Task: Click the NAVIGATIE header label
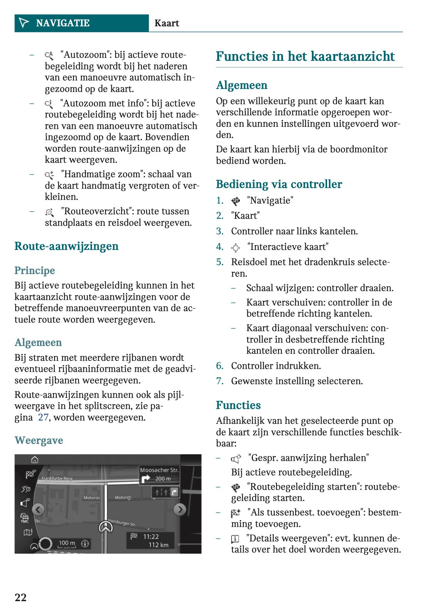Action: (63, 23)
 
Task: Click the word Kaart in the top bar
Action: (166, 23)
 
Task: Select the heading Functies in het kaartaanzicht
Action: (305, 56)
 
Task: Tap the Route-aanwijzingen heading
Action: (66, 246)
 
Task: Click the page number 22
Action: (20, 597)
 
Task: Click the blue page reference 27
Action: (43, 417)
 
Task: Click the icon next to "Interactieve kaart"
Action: (235, 247)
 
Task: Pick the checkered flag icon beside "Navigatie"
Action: (235, 201)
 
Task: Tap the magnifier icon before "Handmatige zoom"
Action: (49, 175)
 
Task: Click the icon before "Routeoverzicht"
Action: (49, 212)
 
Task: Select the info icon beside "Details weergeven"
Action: (235, 539)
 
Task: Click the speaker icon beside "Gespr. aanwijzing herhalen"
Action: (235, 459)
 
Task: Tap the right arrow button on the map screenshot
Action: (179, 510)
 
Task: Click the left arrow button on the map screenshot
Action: (39, 510)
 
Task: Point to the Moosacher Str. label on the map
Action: (159, 470)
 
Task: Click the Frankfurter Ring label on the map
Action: (57, 478)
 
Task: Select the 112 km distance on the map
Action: (158, 545)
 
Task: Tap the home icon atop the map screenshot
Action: (34, 460)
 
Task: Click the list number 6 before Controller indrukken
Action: (220, 366)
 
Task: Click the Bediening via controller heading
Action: (279, 184)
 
